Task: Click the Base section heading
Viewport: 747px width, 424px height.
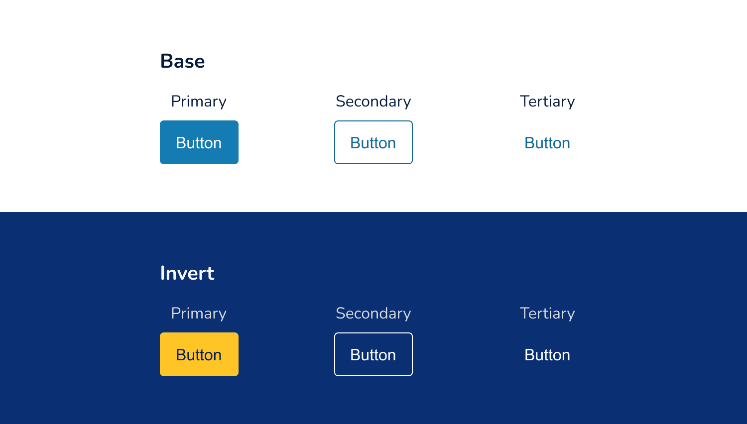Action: pos(182,61)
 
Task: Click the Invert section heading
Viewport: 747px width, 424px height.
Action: pos(187,273)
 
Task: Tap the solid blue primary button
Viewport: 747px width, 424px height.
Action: pos(199,142)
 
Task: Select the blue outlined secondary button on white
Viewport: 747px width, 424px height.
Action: pos(373,142)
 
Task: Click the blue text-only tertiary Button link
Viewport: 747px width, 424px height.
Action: pos(547,143)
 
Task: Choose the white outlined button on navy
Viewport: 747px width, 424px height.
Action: pos(373,354)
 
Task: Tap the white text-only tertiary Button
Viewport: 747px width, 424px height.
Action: pos(547,355)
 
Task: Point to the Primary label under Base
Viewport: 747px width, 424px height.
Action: pos(199,102)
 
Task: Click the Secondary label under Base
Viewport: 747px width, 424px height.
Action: pos(373,102)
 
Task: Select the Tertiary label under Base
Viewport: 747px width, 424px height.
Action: pos(547,102)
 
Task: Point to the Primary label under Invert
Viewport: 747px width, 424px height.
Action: pos(199,314)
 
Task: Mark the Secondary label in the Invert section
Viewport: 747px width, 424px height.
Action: pos(373,314)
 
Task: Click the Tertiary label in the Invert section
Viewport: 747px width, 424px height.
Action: pos(547,314)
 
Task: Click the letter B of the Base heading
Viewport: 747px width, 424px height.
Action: pos(166,61)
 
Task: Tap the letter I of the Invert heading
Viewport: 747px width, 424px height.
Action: pos(162,273)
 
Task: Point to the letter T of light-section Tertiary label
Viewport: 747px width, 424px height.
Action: pos(524,101)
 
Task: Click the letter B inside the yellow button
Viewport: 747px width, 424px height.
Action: pos(181,355)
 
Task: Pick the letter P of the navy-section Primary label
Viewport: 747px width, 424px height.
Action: pos(175,314)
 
